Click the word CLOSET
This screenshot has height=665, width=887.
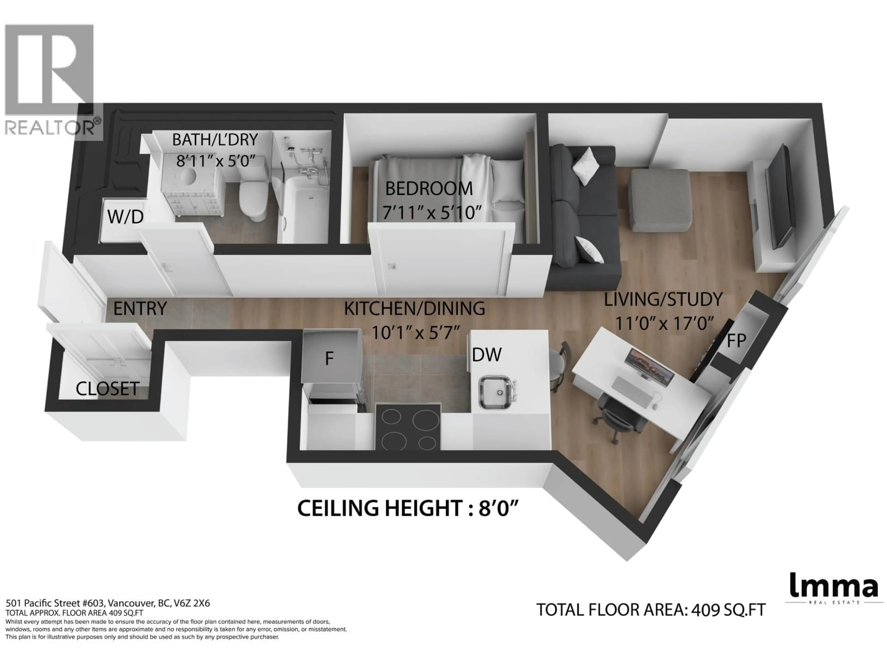tap(107, 389)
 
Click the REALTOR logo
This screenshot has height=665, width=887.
tap(50, 80)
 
